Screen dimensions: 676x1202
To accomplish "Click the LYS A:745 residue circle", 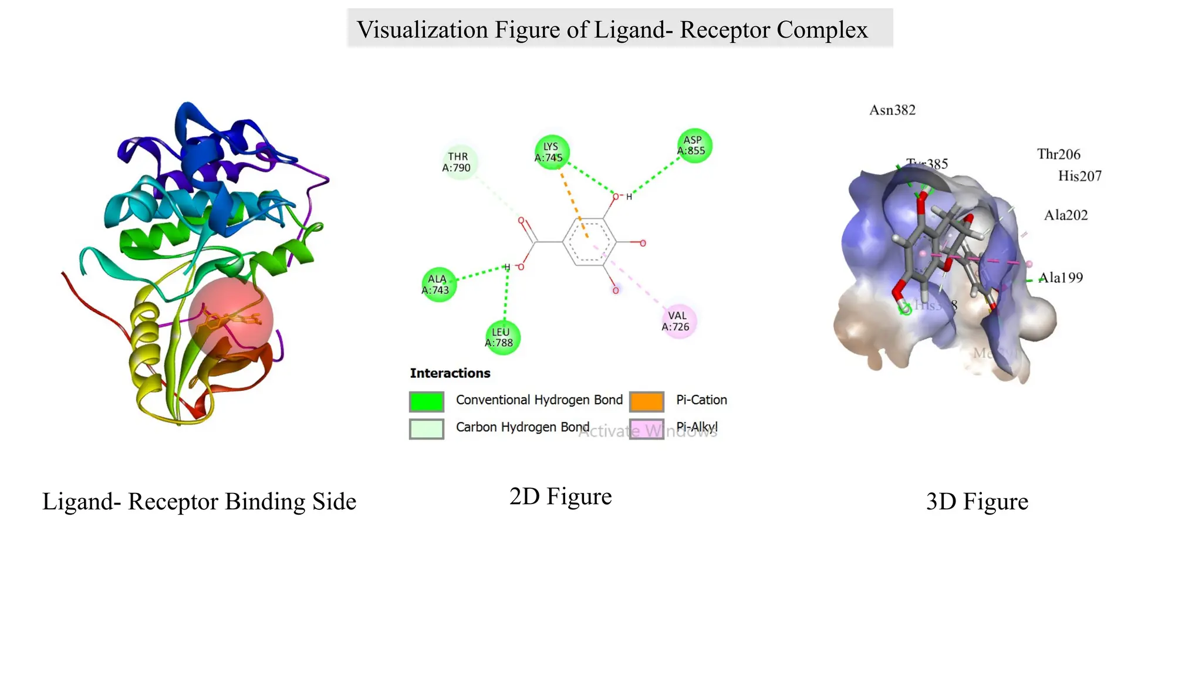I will (x=552, y=152).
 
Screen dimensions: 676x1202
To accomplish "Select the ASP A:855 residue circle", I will (x=694, y=146).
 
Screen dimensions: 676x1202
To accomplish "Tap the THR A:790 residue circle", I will (x=458, y=162).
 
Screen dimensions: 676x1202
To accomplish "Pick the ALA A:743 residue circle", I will (x=438, y=285).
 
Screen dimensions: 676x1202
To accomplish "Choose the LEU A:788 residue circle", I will (x=502, y=337).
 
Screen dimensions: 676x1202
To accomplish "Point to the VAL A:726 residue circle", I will (x=678, y=322).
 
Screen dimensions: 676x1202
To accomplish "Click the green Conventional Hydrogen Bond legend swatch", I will (x=427, y=401).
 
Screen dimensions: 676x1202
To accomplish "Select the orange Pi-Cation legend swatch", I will (x=646, y=401).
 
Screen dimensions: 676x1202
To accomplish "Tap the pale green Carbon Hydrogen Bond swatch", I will (x=427, y=429).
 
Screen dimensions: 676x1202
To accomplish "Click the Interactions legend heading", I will (x=450, y=373).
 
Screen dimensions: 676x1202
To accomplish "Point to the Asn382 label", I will (x=892, y=110).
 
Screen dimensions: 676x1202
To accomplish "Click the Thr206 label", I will (x=1058, y=154).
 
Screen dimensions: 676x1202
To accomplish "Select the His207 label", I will (x=1079, y=176).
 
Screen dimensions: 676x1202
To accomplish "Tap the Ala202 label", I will (x=1065, y=215).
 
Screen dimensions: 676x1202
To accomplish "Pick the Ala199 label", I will (x=1061, y=278).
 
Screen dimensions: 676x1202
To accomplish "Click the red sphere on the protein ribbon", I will (x=231, y=319).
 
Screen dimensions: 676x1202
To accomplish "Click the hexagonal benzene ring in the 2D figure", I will (x=589, y=242).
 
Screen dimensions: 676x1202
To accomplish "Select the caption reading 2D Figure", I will (x=561, y=496).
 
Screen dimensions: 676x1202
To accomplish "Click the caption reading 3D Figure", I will (x=977, y=502).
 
